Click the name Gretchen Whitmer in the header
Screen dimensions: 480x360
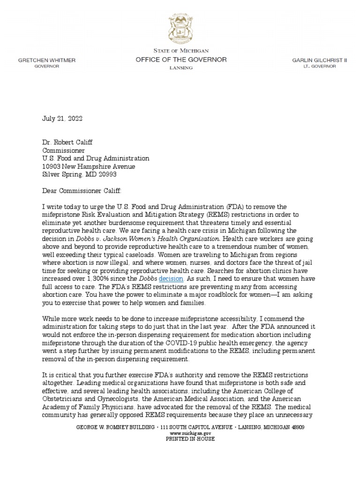coord(46,60)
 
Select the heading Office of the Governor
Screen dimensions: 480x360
coord(180,60)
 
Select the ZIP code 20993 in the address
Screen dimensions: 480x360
coord(106,174)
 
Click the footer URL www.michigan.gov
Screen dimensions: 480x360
coord(180,434)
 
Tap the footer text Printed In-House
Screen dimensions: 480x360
coord(180,439)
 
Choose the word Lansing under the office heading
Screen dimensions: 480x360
coord(180,68)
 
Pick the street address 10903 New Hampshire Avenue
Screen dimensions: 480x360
coord(89,166)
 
